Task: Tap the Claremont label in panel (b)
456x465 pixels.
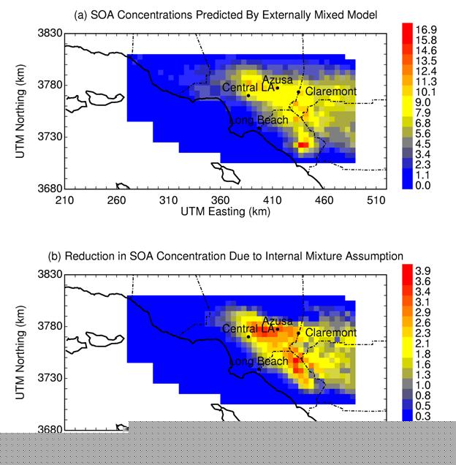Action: click(331, 333)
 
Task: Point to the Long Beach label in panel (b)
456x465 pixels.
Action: click(259, 362)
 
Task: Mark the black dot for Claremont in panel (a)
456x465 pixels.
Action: click(298, 92)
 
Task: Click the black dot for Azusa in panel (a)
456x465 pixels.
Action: click(278, 88)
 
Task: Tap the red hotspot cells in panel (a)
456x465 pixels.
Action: click(303, 145)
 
